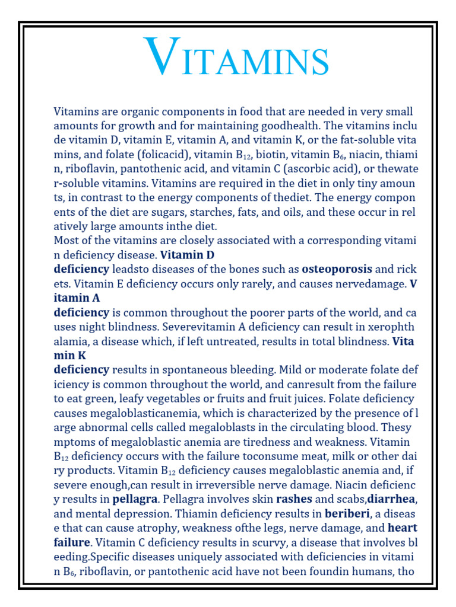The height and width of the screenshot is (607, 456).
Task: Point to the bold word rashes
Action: point(294,498)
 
